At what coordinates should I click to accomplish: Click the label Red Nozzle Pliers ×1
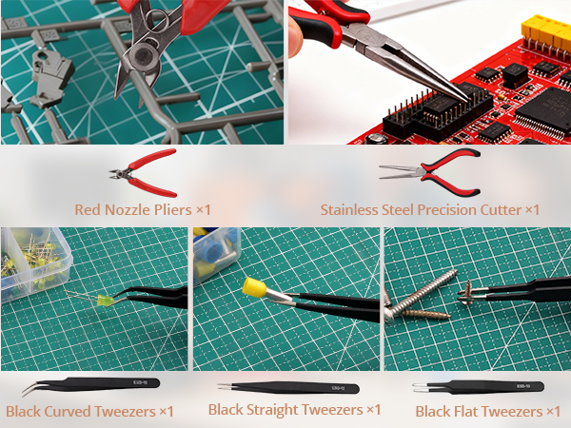143,208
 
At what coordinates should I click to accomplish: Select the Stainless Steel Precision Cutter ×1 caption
430,209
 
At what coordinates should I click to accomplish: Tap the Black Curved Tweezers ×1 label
89,412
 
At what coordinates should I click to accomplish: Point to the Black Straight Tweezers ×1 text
294,410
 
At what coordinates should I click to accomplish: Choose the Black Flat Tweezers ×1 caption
487,412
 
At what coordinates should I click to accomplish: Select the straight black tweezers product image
294,388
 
